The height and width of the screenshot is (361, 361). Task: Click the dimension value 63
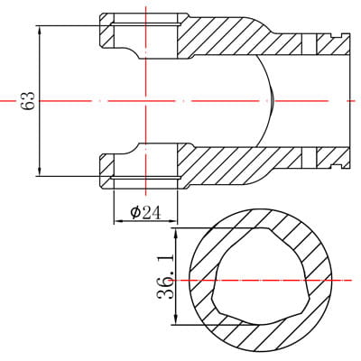(x=28, y=101)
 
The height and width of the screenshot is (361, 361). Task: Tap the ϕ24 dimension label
(x=145, y=213)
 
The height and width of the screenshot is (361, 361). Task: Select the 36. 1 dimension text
(x=165, y=276)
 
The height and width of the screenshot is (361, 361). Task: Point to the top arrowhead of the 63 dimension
(x=40, y=31)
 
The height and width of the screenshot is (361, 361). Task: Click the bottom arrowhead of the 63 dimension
(x=40, y=171)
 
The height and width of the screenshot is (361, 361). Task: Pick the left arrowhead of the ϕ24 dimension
(x=118, y=221)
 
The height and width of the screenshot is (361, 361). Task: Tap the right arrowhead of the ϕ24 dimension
(x=172, y=221)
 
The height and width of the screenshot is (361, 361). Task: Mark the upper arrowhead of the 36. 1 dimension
(x=176, y=233)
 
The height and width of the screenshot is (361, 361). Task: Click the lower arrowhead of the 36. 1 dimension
(x=176, y=319)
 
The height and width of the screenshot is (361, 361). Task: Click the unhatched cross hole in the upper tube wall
(x=309, y=43)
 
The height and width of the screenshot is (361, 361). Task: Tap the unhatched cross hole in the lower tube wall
(x=309, y=158)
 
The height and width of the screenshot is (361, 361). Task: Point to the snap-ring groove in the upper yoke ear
(x=146, y=23)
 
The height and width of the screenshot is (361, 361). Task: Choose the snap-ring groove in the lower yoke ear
(x=146, y=178)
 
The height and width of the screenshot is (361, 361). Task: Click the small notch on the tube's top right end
(x=338, y=35)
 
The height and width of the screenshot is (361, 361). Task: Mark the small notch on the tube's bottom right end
(x=338, y=166)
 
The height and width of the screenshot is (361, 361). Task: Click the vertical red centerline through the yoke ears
(x=145, y=101)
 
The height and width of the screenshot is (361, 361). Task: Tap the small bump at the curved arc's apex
(x=272, y=101)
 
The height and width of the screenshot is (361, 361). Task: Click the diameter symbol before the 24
(x=135, y=213)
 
